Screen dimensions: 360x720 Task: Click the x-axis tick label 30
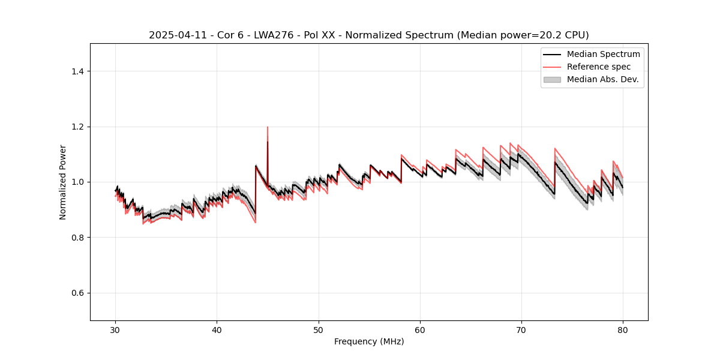(x=116, y=329)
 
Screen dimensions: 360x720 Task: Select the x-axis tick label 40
(x=217, y=329)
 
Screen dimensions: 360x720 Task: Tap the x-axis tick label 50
(x=319, y=329)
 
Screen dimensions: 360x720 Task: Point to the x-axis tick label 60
(x=420, y=329)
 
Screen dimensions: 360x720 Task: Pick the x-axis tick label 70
(x=521, y=329)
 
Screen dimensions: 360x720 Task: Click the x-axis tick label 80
(x=623, y=329)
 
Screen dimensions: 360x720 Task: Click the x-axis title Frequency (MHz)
(x=369, y=341)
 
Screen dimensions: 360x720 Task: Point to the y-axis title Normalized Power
(x=63, y=182)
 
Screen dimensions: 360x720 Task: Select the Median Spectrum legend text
(x=603, y=54)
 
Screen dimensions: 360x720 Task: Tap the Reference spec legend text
(x=599, y=67)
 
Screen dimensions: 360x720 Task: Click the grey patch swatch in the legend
(x=552, y=79)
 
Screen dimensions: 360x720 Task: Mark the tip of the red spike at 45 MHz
(x=268, y=127)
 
